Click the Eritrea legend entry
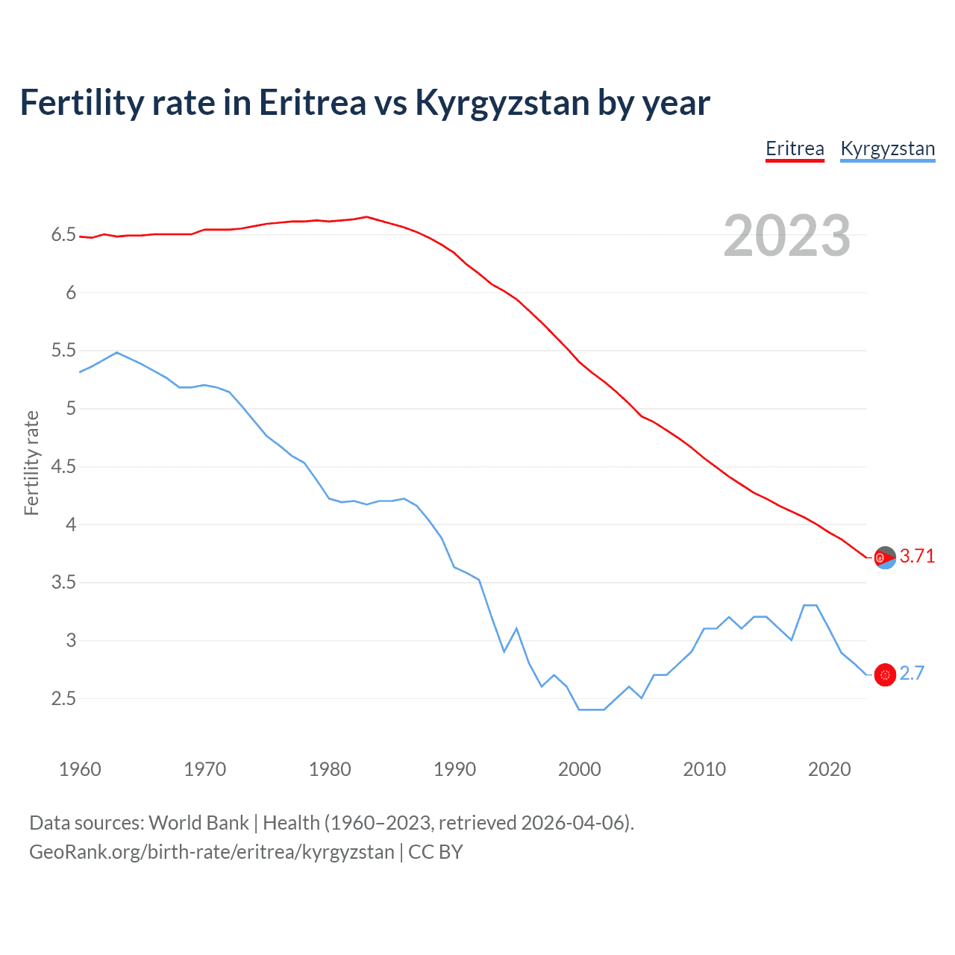pyautogui.click(x=795, y=148)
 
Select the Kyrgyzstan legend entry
pyautogui.click(x=887, y=148)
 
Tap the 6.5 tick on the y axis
pyautogui.click(x=63, y=235)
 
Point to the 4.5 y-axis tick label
pyautogui.click(x=63, y=467)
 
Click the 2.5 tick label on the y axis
pyautogui.click(x=63, y=699)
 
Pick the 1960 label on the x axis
pyautogui.click(x=80, y=769)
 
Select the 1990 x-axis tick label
pyautogui.click(x=454, y=769)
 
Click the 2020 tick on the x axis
pyautogui.click(x=829, y=769)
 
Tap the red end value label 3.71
pyautogui.click(x=917, y=556)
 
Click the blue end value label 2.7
pyautogui.click(x=912, y=673)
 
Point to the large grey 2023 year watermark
pyautogui.click(x=786, y=236)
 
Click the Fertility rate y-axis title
pyautogui.click(x=31, y=463)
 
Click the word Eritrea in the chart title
pyautogui.click(x=313, y=102)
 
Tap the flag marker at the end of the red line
pyautogui.click(x=885, y=557)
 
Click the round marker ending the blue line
pyautogui.click(x=885, y=674)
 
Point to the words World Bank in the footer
pyautogui.click(x=198, y=822)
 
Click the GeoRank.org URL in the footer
pyautogui.click(x=211, y=852)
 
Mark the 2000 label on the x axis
pyautogui.click(x=579, y=769)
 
